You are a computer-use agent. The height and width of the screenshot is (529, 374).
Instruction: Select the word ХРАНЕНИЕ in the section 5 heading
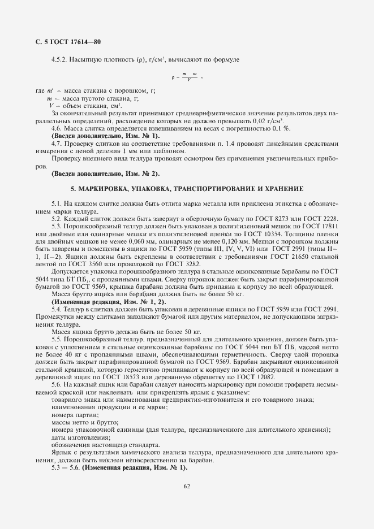(x=285, y=188)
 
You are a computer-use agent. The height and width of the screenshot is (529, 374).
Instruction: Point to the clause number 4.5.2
(x=59, y=59)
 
